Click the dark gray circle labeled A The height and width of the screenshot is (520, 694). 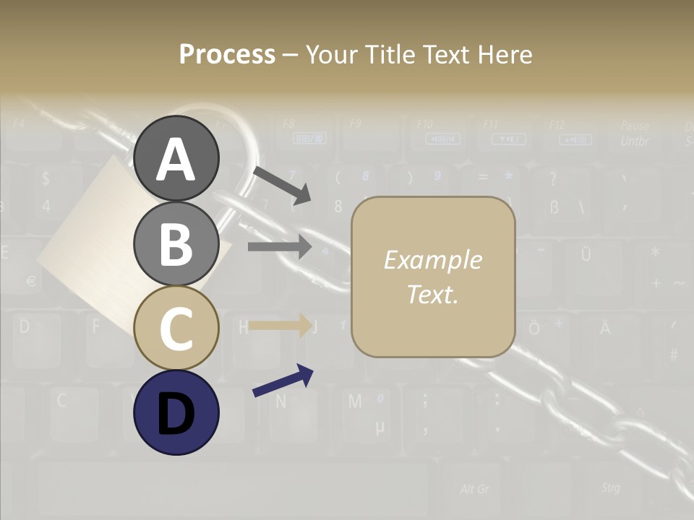point(176,158)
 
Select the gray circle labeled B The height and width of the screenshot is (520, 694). point(176,243)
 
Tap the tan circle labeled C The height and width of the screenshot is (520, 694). point(176,328)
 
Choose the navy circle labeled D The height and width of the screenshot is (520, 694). point(176,412)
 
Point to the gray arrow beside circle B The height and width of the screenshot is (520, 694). point(279,246)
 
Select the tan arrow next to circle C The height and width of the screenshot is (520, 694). point(279,325)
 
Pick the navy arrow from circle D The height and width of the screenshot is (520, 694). point(283,381)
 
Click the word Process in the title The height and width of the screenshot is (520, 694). point(227,54)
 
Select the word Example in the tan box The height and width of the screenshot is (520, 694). point(432,260)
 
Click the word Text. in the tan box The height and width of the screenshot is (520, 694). point(432,294)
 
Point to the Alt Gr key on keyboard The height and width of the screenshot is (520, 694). point(474,489)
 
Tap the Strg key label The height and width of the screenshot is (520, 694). point(610,487)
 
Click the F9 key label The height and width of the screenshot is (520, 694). point(355,123)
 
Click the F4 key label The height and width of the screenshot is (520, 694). point(19,123)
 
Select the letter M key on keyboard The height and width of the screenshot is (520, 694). point(355,402)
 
